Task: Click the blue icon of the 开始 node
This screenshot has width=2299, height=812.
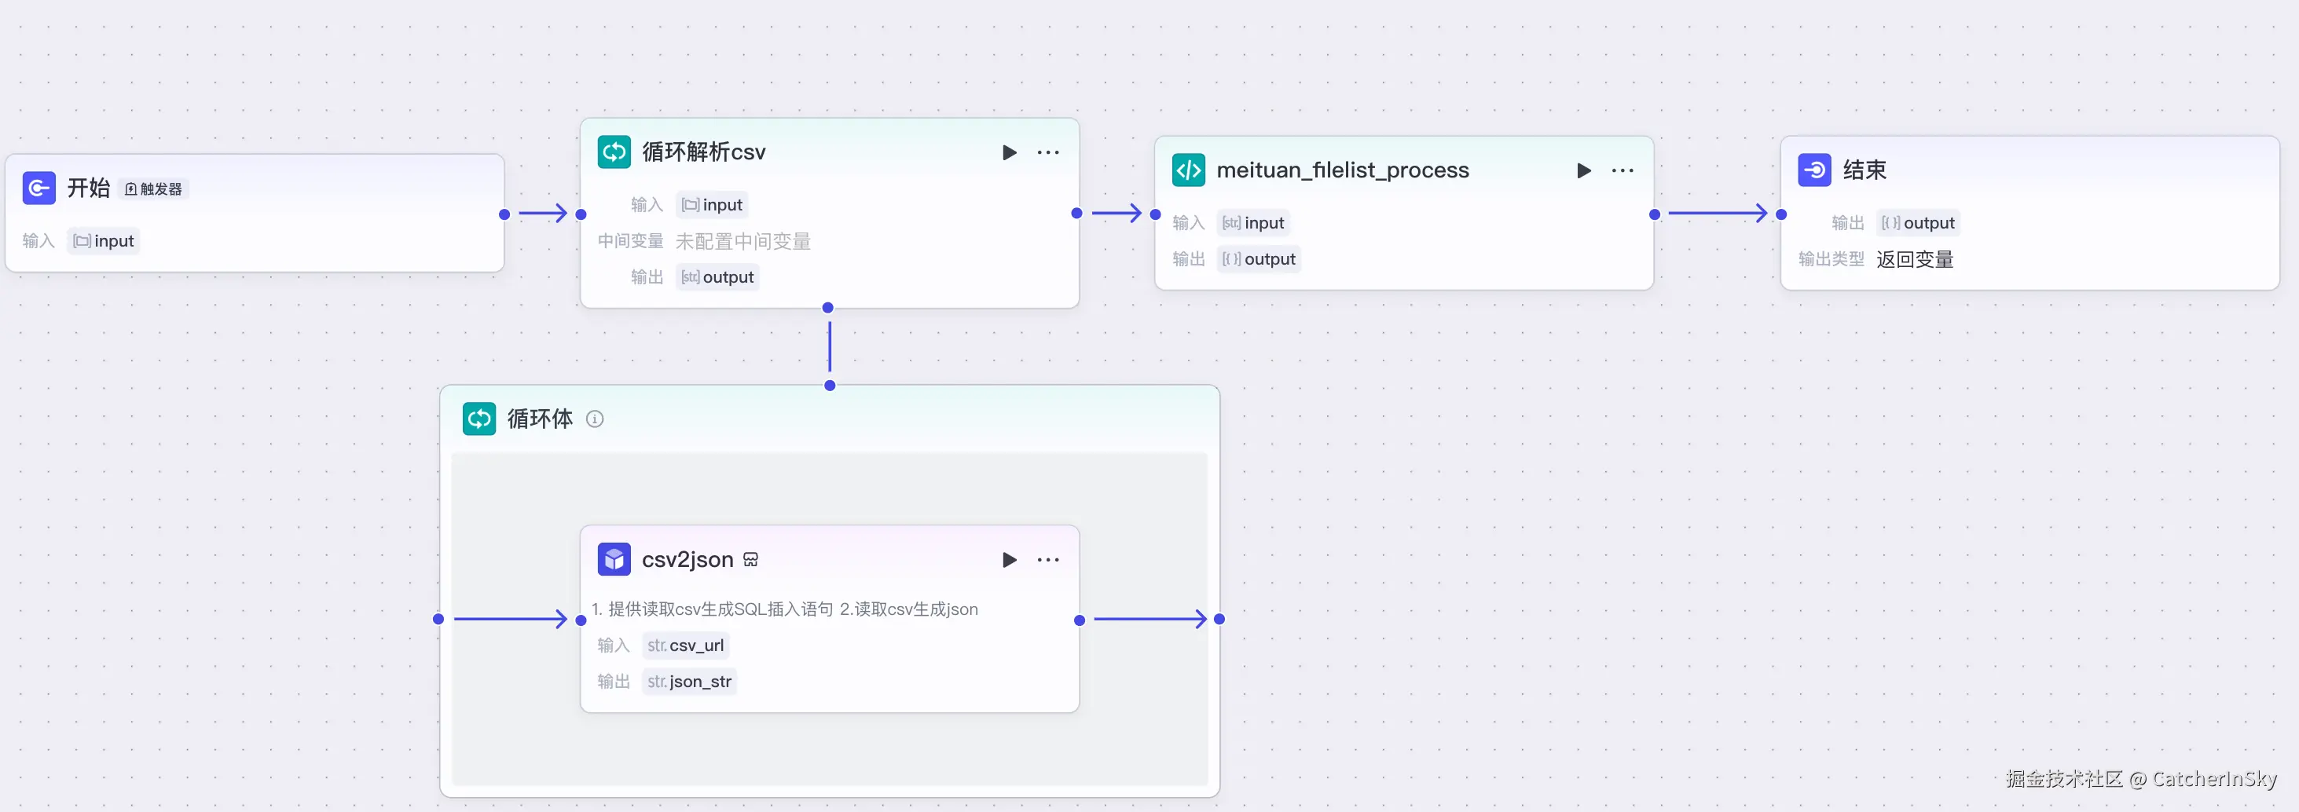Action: pos(38,188)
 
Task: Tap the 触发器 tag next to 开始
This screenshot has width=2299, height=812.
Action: pos(153,189)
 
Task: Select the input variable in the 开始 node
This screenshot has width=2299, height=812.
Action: pos(104,241)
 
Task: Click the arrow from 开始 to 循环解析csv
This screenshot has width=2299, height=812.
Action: pos(543,214)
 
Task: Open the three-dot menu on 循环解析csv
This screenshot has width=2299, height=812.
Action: pos(1048,152)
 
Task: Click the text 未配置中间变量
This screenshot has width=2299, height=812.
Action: pos(742,241)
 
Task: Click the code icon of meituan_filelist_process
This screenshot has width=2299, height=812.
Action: pos(1188,170)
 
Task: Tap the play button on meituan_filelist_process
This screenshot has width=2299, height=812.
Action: pos(1583,170)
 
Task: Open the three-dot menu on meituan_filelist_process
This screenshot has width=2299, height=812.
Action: pos(1622,170)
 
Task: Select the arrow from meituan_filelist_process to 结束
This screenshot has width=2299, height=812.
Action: pos(1717,214)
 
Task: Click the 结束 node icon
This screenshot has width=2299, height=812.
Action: pos(1813,170)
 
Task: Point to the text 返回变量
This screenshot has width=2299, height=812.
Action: pos(1914,260)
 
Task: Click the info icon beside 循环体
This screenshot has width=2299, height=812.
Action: pos(594,419)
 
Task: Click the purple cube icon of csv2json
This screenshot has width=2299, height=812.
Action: pos(614,559)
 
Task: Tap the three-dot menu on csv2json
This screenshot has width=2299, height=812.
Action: pos(1048,559)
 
